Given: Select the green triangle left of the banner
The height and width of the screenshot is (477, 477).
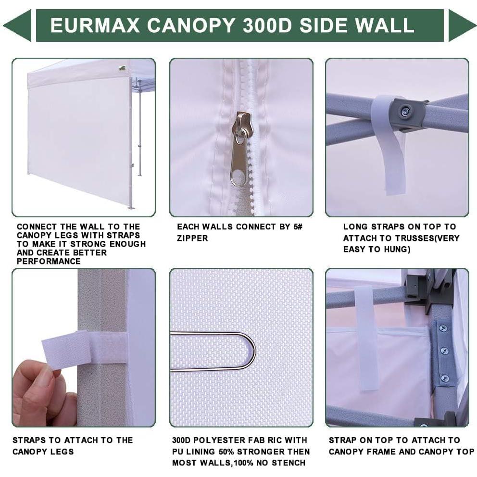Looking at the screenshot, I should pyautogui.click(x=17, y=25).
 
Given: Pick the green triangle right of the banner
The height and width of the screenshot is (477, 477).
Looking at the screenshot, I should pyautogui.click(x=461, y=25).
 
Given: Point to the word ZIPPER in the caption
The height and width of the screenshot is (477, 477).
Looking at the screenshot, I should pyautogui.click(x=192, y=238).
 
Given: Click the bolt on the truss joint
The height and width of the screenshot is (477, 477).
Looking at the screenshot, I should pyautogui.click(x=405, y=112).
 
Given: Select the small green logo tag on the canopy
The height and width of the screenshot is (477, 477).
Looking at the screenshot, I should pyautogui.click(x=122, y=68).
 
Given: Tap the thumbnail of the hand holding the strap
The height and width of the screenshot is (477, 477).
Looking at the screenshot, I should pyautogui.click(x=84, y=347).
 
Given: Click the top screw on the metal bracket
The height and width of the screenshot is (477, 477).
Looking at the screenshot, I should pyautogui.click(x=442, y=329).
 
